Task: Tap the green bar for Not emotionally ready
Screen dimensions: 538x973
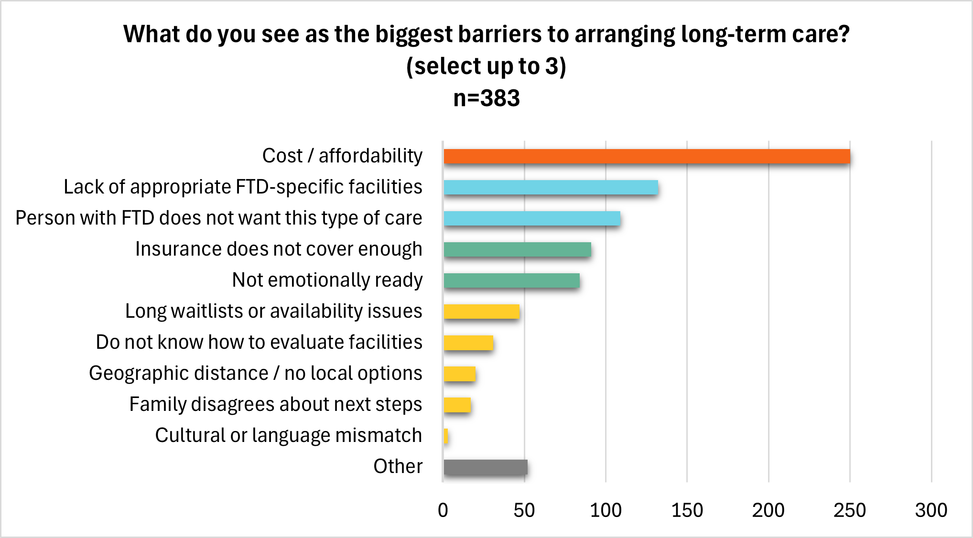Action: [511, 280]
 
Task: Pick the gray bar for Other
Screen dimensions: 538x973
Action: [485, 467]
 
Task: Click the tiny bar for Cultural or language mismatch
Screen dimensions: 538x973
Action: [446, 436]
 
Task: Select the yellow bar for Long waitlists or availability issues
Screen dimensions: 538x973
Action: [481, 312]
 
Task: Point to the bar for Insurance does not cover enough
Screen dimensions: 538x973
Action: [517, 249]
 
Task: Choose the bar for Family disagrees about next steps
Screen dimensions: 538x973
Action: [457, 405]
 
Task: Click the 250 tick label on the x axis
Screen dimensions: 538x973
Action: [849, 510]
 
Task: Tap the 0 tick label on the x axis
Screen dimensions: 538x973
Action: [443, 510]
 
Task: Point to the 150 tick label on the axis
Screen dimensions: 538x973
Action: [687, 510]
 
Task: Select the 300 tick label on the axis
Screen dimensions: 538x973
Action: [931, 510]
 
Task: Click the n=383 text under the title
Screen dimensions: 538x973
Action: [486, 98]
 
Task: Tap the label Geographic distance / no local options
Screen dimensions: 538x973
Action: [255, 373]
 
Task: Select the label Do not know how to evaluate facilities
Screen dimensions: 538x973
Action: [259, 342]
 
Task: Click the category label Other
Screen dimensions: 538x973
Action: [398, 466]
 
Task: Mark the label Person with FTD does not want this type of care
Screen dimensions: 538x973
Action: [218, 218]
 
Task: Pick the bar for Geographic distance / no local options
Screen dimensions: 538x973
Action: [459, 374]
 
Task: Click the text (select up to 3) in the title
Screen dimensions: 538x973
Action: [486, 66]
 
